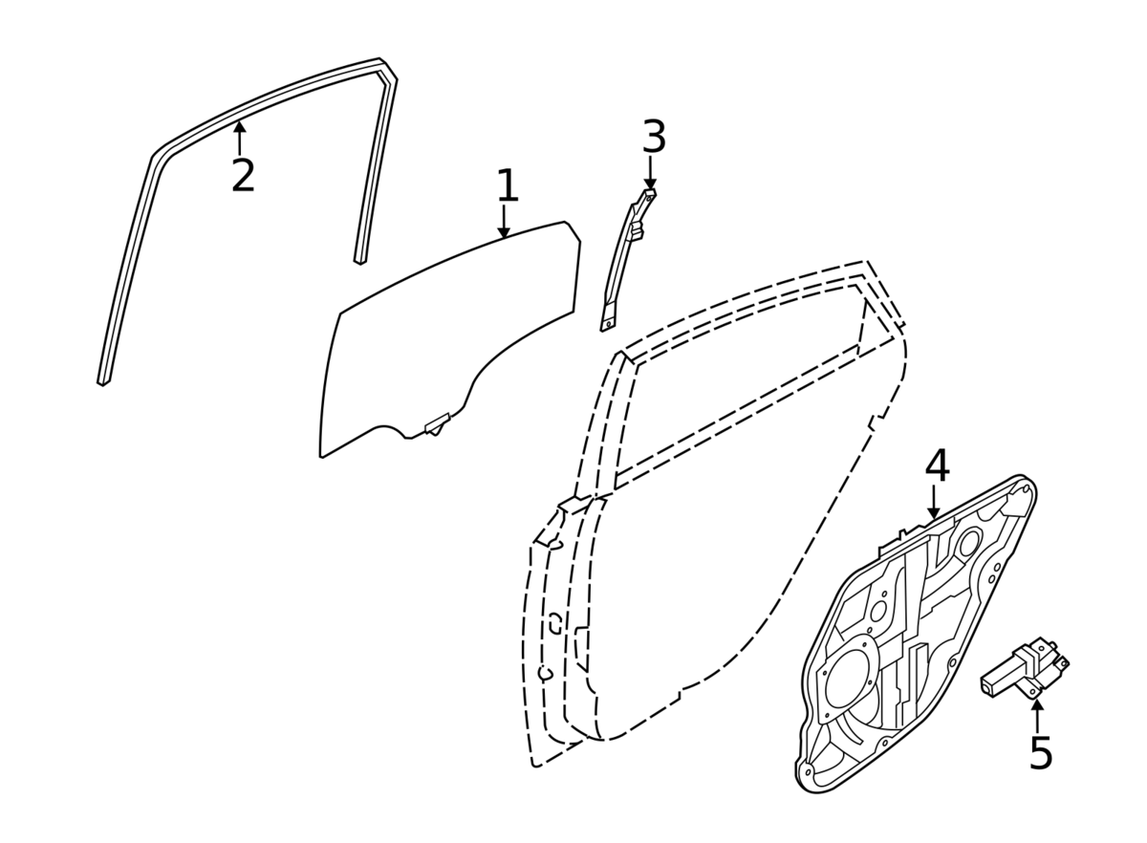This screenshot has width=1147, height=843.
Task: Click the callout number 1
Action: click(507, 186)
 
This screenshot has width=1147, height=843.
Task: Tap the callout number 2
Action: click(243, 176)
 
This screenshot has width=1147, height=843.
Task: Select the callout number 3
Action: click(653, 138)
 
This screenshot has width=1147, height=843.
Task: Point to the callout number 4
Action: click(937, 466)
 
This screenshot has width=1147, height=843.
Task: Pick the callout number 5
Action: click(1040, 753)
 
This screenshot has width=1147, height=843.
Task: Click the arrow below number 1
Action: click(504, 224)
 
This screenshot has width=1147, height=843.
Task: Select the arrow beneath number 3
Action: click(650, 177)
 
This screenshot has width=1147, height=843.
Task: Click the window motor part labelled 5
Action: click(1024, 668)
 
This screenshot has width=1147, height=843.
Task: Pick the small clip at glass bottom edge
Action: click(437, 423)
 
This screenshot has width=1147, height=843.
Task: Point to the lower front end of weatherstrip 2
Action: click(103, 380)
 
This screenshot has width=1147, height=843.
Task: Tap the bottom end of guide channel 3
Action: click(605, 325)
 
